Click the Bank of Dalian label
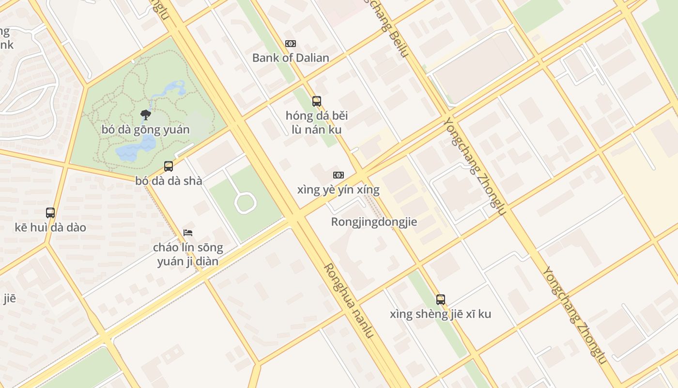291,58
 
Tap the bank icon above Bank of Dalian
291,44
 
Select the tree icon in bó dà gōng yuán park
145,115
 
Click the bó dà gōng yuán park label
145,129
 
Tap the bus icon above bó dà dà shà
169,166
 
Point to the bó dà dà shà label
169,181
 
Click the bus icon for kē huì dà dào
50,213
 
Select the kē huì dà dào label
50,227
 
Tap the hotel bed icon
188,233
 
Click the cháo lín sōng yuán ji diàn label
188,255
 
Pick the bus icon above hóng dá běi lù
317,101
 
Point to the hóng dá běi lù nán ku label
317,123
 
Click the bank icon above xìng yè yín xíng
338,175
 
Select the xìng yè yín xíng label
338,190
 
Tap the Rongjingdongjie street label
374,222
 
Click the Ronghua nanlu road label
349,301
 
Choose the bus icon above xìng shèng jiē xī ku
440,300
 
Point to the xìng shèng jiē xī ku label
440,314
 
